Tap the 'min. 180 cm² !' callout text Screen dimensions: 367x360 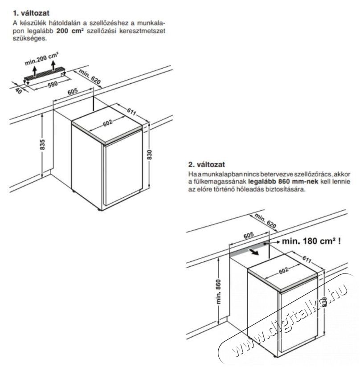click(x=307, y=242)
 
